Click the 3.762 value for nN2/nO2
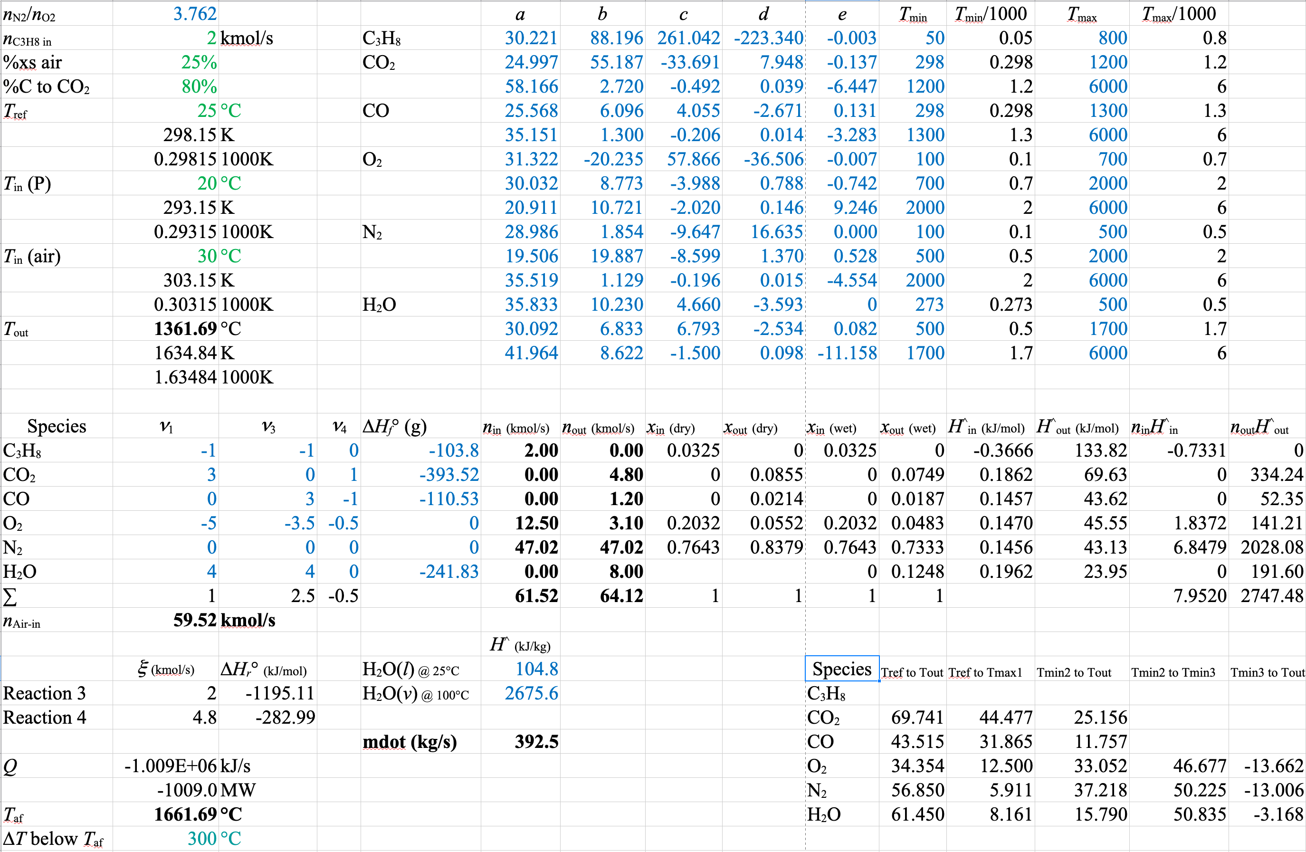click(x=195, y=14)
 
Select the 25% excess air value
click(x=199, y=62)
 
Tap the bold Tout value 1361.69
click(x=185, y=328)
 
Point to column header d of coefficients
click(x=763, y=14)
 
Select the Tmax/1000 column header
click(x=1178, y=14)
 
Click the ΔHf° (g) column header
click(x=394, y=427)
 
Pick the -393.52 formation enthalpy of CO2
click(x=448, y=474)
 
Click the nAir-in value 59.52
click(x=195, y=620)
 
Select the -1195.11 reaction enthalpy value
click(x=280, y=693)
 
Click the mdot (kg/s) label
click(x=410, y=742)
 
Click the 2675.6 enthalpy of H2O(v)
click(x=531, y=693)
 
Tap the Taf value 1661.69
click(x=185, y=814)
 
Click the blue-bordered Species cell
click(x=842, y=669)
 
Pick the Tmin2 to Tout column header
click(x=1073, y=672)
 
